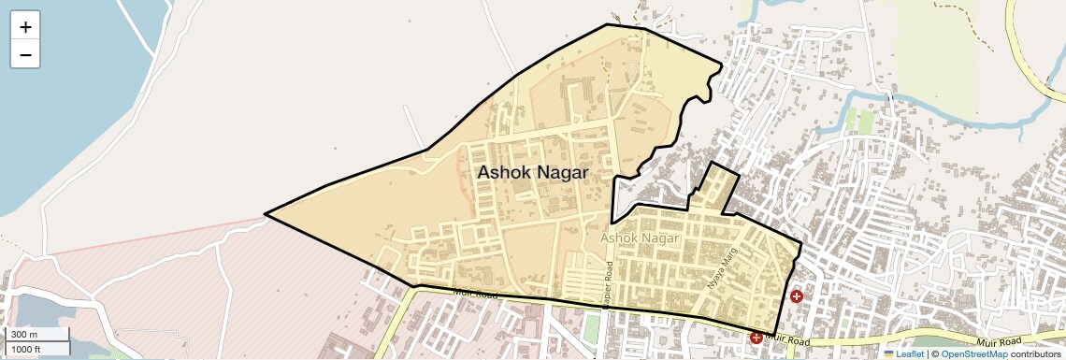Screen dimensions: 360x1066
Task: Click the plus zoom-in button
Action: (x=25, y=27)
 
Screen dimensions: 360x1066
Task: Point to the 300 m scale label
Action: (x=24, y=334)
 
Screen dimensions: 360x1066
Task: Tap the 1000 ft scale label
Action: (x=25, y=349)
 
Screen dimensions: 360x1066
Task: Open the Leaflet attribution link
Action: (x=910, y=353)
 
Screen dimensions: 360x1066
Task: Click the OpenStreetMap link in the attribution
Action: (x=973, y=353)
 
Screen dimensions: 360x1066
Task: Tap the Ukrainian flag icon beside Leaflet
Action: (x=889, y=353)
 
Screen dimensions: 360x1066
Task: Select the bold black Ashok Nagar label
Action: (x=532, y=173)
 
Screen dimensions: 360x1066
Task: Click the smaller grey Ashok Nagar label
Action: (x=640, y=239)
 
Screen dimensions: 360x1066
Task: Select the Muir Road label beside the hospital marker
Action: (x=785, y=338)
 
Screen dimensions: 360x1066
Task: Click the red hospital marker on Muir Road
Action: (x=756, y=337)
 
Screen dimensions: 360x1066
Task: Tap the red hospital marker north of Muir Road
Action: (x=796, y=296)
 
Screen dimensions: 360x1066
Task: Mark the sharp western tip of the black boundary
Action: (x=266, y=214)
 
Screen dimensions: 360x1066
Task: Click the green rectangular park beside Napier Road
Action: (x=591, y=328)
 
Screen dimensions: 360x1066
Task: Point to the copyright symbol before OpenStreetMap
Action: (x=934, y=353)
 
